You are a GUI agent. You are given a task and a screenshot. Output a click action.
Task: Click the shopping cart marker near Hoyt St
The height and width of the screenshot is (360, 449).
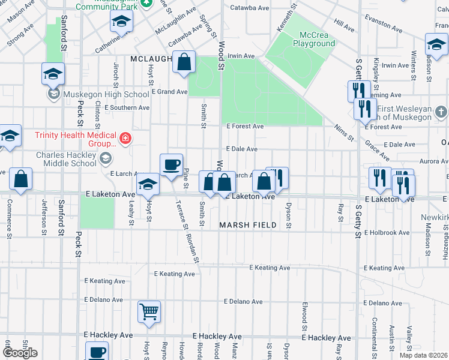[x=149, y=312]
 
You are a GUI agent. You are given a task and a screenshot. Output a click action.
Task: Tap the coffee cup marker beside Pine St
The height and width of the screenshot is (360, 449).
[x=171, y=165]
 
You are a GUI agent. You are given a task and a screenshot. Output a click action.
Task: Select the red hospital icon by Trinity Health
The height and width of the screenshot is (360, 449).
[x=125, y=139]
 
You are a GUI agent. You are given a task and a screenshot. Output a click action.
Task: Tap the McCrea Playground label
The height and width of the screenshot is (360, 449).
[x=314, y=39]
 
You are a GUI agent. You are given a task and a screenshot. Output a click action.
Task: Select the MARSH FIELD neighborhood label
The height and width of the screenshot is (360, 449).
[x=247, y=225]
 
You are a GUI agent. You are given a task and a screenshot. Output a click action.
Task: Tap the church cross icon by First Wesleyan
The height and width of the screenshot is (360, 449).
[x=441, y=112]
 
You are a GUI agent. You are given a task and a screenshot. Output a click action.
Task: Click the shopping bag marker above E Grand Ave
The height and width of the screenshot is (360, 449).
[x=184, y=62]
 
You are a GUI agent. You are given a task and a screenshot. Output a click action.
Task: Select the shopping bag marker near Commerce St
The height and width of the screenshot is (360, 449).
[x=20, y=179]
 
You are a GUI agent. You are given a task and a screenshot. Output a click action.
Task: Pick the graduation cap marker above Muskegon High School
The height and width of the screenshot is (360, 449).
[x=53, y=74]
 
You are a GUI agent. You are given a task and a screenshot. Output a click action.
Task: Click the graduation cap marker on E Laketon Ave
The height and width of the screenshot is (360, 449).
[x=148, y=185]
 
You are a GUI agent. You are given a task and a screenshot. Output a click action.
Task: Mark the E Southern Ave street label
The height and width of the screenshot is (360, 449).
[x=127, y=108]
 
